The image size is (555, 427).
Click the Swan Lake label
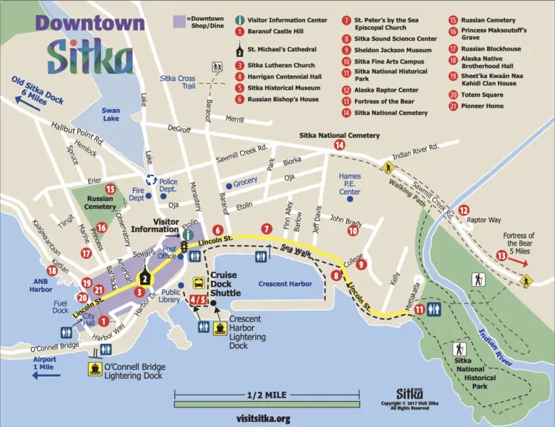click(111, 114)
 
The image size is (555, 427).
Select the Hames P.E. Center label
click(350, 184)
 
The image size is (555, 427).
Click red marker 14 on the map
click(339, 145)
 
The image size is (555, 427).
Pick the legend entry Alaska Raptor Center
click(386, 90)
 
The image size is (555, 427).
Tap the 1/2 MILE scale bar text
click(266, 395)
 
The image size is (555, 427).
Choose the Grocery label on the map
click(245, 181)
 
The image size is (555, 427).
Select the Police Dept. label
click(168, 186)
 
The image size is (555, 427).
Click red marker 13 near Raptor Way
click(501, 255)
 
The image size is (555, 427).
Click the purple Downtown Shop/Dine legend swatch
click(179, 22)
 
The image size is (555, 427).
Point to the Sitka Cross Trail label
click(178, 82)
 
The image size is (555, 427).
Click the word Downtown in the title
click(90, 23)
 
